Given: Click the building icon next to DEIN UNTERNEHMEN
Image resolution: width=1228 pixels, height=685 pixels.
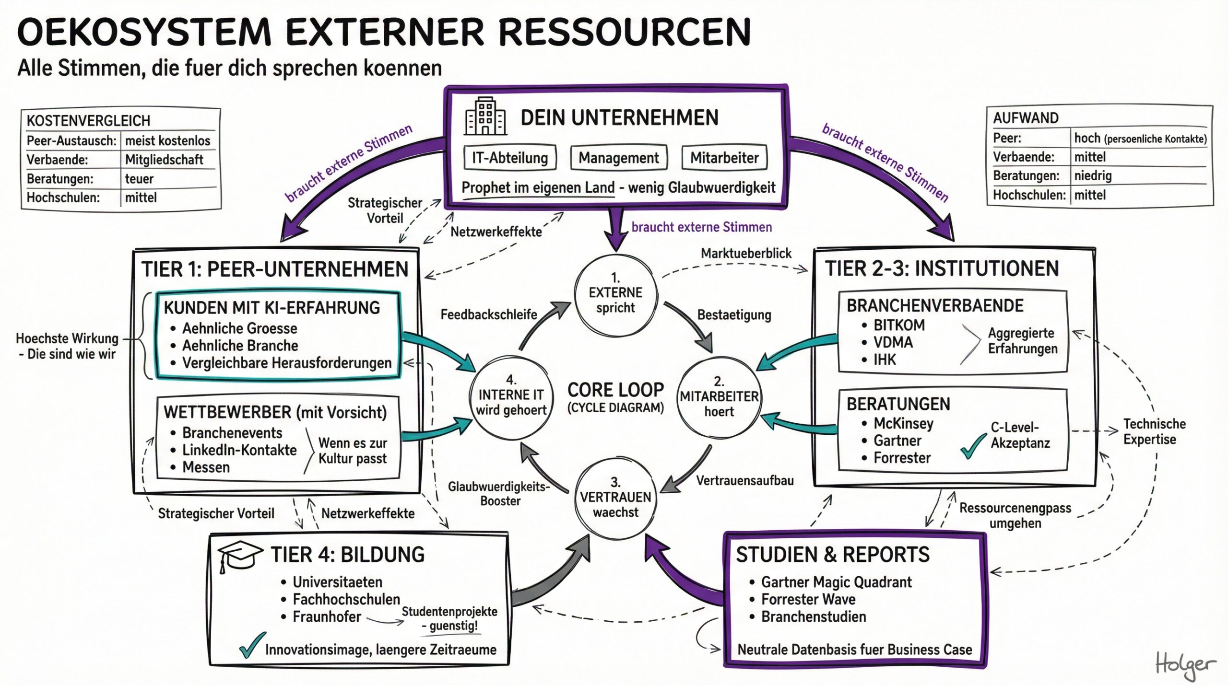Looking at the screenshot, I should click(485, 116).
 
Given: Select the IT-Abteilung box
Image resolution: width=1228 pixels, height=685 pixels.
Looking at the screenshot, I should click(510, 158).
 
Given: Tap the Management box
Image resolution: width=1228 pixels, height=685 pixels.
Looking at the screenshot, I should click(619, 158).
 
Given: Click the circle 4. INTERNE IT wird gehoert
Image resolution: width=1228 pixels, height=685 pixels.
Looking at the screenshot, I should click(511, 398).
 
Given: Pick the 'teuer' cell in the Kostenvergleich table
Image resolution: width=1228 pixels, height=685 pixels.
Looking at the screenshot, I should click(139, 179).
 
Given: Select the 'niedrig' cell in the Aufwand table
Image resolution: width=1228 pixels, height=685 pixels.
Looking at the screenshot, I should click(1093, 176).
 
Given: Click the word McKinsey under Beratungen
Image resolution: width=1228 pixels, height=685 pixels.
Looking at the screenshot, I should click(903, 423).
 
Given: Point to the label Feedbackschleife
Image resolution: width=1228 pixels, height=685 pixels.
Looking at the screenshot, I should click(488, 314).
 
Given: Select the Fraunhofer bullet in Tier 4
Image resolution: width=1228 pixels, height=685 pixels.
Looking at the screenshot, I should click(327, 616).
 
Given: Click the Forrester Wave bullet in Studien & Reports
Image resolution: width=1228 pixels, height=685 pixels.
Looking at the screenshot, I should click(808, 599).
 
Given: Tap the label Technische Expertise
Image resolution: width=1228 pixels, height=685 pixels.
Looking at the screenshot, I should click(1154, 431).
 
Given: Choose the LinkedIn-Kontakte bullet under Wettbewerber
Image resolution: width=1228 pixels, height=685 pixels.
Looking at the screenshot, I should click(239, 450).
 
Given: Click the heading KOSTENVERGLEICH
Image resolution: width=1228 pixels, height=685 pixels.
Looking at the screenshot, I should click(88, 120).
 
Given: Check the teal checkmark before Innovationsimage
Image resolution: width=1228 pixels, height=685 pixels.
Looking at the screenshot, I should click(251, 645).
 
